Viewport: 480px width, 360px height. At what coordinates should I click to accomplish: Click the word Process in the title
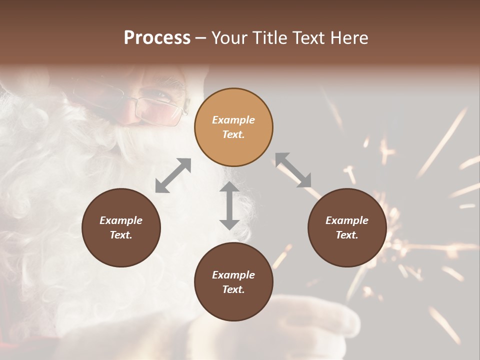[157, 38]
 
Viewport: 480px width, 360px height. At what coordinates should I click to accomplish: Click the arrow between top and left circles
[173, 175]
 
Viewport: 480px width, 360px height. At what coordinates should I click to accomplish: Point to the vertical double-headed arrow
[229, 205]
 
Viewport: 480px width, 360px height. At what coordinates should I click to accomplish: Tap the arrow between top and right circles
[293, 170]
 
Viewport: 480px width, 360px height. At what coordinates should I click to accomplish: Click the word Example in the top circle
[233, 120]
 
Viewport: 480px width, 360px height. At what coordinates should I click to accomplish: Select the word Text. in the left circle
[121, 235]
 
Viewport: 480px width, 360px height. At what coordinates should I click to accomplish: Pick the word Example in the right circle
[347, 220]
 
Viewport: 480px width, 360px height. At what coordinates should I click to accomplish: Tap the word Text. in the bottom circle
[233, 289]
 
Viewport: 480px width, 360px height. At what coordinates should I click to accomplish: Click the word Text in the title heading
[309, 38]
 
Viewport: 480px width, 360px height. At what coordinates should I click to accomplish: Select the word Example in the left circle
[121, 220]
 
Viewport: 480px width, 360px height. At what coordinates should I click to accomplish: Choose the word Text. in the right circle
[347, 235]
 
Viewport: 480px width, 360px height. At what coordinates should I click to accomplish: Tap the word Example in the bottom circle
[233, 275]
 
